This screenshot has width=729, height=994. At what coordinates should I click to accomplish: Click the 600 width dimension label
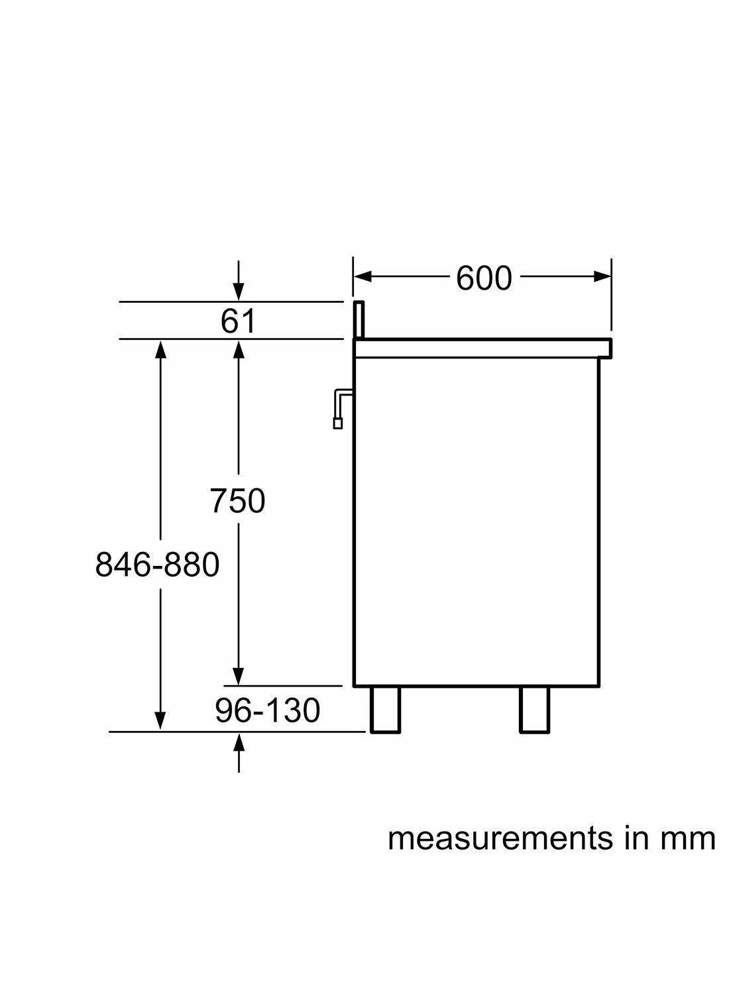[484, 278]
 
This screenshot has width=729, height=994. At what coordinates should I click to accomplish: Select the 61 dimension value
[238, 322]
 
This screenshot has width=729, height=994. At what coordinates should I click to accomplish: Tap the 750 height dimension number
[237, 500]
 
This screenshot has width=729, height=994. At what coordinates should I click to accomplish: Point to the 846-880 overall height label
[157, 565]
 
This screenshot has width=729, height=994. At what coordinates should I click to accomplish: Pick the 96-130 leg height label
[267, 710]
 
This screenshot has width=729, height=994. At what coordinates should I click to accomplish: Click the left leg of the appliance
[385, 709]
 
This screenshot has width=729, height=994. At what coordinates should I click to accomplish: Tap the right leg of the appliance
[534, 709]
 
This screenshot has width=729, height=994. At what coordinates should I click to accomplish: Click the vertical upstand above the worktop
[359, 320]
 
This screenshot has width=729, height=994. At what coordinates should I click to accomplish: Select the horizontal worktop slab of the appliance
[482, 348]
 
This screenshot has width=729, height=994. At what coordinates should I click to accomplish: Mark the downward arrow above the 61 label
[239, 291]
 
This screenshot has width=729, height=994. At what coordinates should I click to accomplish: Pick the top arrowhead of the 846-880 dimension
[160, 349]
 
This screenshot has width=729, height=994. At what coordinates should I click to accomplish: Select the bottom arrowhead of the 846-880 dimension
[160, 720]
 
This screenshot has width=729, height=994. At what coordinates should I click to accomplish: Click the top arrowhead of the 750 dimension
[239, 349]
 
